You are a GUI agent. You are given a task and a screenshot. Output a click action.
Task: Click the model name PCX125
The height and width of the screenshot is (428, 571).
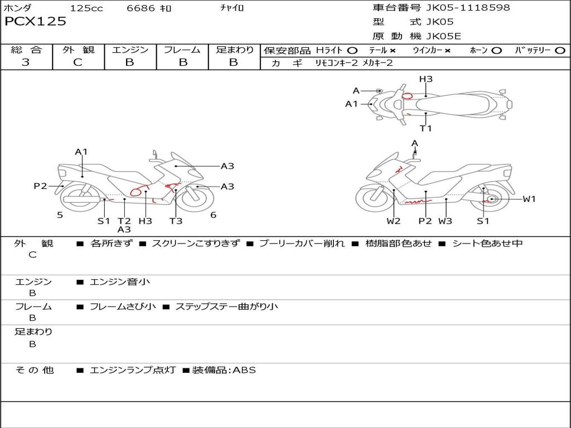[35, 21]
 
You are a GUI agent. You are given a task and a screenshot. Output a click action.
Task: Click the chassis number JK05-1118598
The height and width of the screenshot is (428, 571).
[468, 7]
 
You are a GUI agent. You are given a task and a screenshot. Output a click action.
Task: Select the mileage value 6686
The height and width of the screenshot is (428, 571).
[141, 8]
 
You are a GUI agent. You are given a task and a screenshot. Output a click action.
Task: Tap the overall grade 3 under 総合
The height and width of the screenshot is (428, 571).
[26, 62]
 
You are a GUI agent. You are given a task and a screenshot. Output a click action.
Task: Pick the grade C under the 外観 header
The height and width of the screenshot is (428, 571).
[78, 62]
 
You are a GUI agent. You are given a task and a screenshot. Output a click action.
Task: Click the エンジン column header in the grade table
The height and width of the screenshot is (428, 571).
[130, 50]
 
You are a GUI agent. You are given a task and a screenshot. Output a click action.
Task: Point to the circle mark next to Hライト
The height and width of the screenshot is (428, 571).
[352, 51]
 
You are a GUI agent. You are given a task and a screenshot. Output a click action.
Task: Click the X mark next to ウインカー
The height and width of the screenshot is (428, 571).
[448, 51]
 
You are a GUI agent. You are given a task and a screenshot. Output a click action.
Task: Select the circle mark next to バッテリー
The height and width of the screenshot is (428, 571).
[560, 51]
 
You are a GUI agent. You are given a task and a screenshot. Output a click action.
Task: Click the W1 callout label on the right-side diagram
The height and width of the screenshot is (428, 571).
[529, 199]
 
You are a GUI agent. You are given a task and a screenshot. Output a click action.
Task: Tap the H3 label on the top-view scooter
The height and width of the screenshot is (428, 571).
[425, 79]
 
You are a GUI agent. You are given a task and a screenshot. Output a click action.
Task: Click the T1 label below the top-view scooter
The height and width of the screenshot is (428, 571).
[425, 128]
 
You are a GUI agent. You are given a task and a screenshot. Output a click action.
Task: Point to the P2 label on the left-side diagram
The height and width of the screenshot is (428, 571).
[40, 186]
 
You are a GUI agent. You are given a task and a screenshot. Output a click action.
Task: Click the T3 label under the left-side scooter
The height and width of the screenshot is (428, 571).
[176, 221]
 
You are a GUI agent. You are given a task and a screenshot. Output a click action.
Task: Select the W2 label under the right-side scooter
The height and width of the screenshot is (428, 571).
[394, 221]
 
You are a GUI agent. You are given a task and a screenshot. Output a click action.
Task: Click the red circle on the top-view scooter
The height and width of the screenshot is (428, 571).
[407, 96]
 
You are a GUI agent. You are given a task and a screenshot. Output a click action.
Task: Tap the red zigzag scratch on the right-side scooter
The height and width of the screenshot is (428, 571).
[418, 201]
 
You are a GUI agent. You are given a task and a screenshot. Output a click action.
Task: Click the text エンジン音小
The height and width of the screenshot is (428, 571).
[120, 281]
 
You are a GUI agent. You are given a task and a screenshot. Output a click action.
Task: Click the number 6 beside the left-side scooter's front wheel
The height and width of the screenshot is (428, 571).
[214, 215]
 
